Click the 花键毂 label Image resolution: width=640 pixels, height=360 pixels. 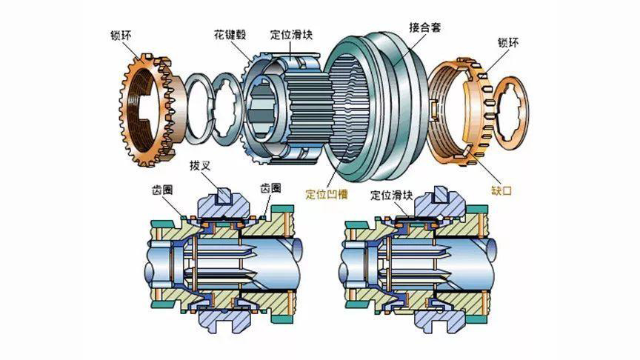(230, 34)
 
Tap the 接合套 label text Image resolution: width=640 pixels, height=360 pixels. (425, 27)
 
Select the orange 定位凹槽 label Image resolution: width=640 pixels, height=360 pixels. (327, 193)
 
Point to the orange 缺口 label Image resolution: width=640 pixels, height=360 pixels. (501, 190)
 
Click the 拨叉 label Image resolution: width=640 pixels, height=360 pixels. (200, 166)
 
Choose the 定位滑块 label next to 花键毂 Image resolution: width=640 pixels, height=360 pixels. (291, 34)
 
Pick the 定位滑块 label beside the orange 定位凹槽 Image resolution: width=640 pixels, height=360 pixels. (392, 195)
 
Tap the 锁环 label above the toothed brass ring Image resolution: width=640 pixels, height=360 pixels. (121, 35)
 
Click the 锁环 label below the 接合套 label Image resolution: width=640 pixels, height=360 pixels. (508, 42)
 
